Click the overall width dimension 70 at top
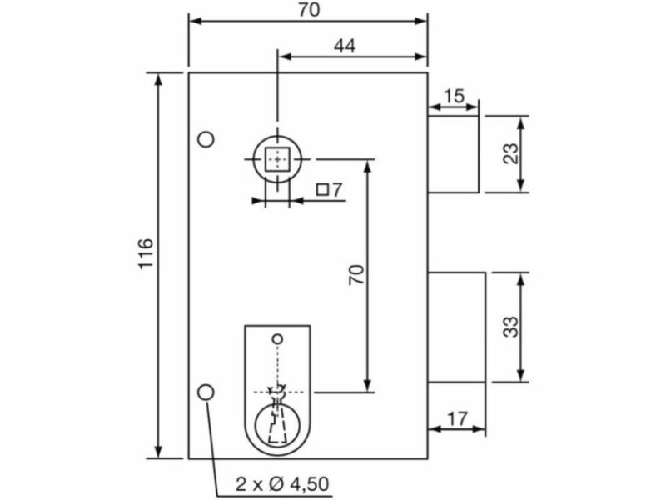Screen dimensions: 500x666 point(308,10)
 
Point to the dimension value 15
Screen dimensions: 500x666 point(454,96)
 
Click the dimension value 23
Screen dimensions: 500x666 point(510,153)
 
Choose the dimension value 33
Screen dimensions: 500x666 point(511,326)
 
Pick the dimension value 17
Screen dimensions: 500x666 point(456,418)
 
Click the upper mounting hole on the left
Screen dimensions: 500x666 point(206,138)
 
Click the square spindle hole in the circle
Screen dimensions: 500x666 point(276,157)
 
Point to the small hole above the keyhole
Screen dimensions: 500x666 point(277,338)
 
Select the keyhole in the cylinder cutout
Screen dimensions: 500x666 point(277,417)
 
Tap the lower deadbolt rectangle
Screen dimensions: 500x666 point(456,327)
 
